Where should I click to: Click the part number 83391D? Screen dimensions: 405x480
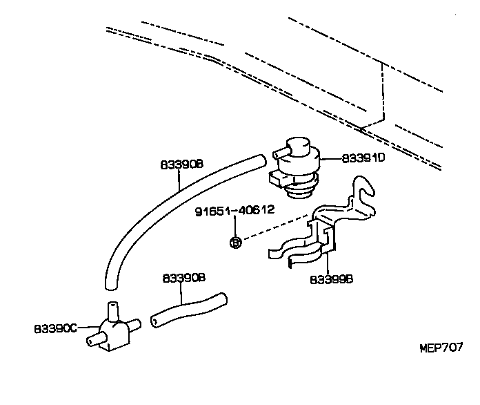pos(363,158)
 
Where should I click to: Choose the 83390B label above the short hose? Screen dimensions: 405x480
pos(184,278)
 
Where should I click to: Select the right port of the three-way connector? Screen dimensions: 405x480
pos(134,323)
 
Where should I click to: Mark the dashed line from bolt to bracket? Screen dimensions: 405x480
pos(276,229)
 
